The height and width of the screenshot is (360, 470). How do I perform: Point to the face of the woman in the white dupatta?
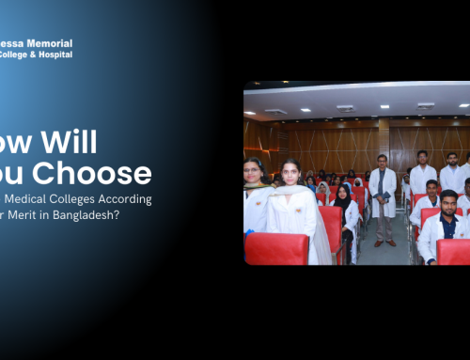[290, 175]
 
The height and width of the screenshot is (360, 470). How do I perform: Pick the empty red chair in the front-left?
[277, 249]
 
